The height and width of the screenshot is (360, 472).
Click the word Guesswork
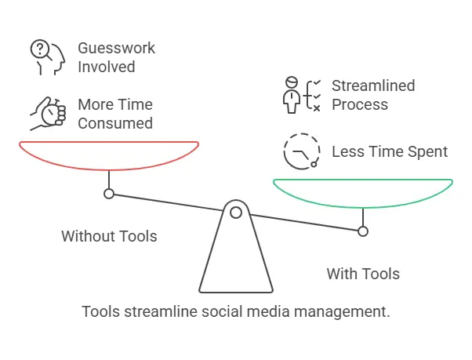coord(116,48)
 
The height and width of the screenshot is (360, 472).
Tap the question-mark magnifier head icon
coord(48,57)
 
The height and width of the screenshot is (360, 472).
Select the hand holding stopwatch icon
coord(48,114)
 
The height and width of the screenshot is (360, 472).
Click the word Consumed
coord(115,123)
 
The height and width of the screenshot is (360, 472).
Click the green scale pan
coord(363,206)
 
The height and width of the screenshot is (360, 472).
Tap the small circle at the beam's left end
coord(109,194)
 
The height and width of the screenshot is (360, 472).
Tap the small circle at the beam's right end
coord(363,231)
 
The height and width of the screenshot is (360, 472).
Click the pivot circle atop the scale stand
coord(236,213)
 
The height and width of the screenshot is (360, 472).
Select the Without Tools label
coord(109,236)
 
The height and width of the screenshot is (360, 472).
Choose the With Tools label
coord(363,274)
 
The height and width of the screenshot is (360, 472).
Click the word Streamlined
coord(373,85)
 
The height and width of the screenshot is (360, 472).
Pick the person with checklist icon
coord(302,95)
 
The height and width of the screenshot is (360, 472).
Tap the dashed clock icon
coord(302,151)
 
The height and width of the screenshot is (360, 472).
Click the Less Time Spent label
coord(390,151)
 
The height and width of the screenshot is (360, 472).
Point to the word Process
coord(360,105)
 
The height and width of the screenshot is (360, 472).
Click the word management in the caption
coord(342,311)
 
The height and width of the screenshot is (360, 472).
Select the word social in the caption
coord(221,311)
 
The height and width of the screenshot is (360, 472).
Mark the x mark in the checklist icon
coord(317,108)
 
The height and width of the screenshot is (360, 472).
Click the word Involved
coord(107,67)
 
